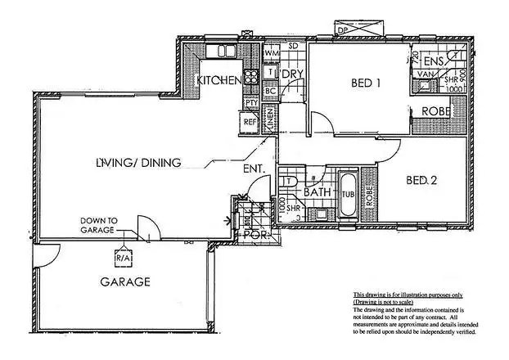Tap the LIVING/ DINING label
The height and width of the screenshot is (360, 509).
[x=137, y=163]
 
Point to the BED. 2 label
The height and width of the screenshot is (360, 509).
[x=420, y=180]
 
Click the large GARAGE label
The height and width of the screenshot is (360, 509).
[x=125, y=282]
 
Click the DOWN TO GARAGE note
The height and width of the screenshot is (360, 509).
[x=100, y=226]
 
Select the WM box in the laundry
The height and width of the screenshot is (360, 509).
[x=272, y=54]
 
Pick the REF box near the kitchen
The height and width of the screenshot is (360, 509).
[x=250, y=123]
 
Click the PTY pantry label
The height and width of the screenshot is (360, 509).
[x=253, y=105]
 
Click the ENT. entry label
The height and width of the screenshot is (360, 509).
[x=252, y=171]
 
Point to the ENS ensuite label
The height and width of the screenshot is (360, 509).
[x=434, y=61]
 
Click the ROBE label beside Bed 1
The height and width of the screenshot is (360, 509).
[x=433, y=112]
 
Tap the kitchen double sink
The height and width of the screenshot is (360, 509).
[x=223, y=51]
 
